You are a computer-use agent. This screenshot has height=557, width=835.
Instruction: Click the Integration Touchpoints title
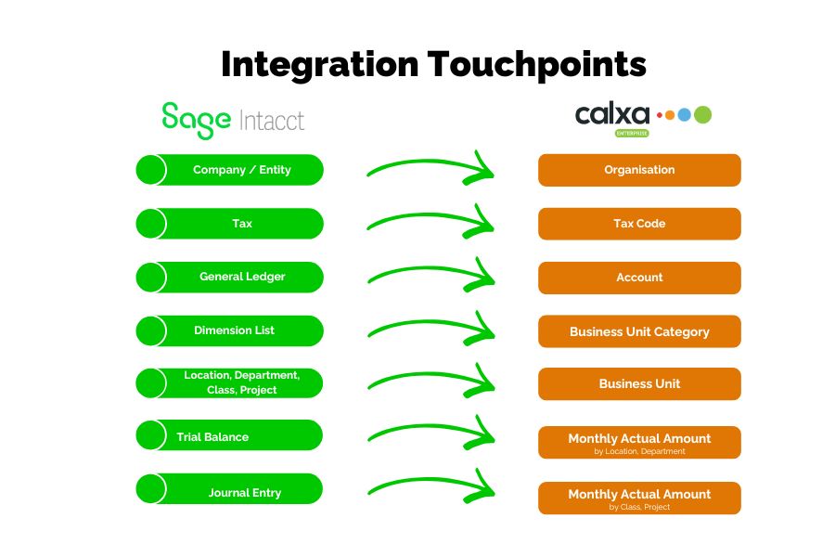pos(433,65)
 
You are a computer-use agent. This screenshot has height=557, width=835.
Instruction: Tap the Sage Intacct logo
pos(232,120)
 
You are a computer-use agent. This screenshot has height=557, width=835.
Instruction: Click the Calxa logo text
pos(612,115)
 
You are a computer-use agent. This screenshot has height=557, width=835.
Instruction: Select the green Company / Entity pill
pos(230,170)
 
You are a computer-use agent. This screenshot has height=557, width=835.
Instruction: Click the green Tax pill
pos(230,224)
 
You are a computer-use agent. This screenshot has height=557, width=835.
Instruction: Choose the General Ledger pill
pos(230,277)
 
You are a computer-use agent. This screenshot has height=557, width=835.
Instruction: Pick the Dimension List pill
pos(230,330)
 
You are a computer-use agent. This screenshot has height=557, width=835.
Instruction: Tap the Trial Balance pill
pos(230,436)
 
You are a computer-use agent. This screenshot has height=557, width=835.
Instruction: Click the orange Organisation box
pos(639,170)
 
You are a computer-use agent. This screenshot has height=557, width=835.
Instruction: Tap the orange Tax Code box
pos(639,224)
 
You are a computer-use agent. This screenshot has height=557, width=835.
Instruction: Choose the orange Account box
pos(639,277)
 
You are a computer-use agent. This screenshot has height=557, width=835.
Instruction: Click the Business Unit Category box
pos(639,331)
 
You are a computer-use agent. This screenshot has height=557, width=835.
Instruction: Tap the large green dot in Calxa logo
pos(702,114)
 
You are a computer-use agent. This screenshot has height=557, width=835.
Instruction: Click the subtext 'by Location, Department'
pos(639,451)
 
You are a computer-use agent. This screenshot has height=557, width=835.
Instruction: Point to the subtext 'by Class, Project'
pos(639,507)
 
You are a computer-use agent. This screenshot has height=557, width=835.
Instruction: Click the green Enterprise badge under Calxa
pos(632,134)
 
